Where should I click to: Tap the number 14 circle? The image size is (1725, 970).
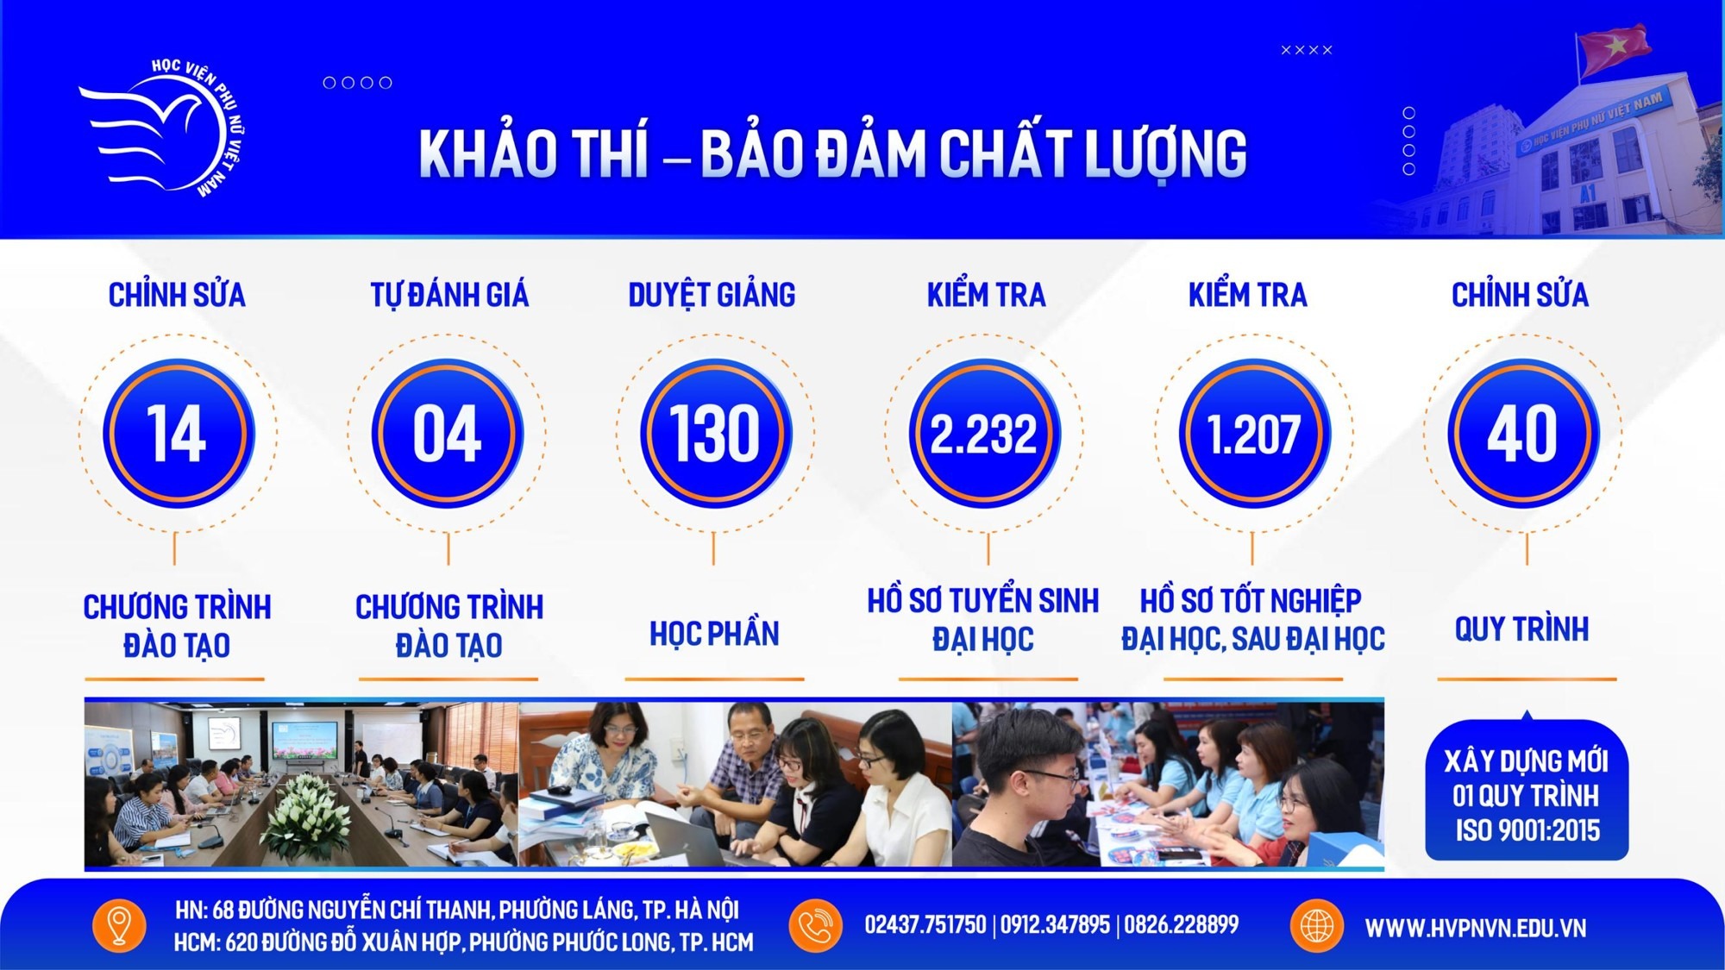pyautogui.click(x=179, y=433)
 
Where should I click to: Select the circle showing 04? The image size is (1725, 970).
pyautogui.click(x=448, y=433)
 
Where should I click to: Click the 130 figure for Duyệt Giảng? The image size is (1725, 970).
pyautogui.click(x=715, y=433)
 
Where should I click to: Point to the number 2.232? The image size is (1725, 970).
pyautogui.click(x=984, y=433)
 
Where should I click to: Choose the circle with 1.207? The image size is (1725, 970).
pyautogui.click(x=1254, y=433)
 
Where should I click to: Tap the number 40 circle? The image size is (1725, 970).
pyautogui.click(x=1523, y=433)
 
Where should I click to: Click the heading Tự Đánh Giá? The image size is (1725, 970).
pyautogui.click(x=449, y=295)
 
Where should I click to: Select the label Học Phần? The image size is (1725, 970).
pyautogui.click(x=714, y=634)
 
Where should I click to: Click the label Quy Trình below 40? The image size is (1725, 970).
pyautogui.click(x=1521, y=629)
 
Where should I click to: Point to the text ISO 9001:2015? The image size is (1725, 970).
pyautogui.click(x=1527, y=830)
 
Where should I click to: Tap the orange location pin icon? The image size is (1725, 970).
pyautogui.click(x=119, y=925)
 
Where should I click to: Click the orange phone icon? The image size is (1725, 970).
pyautogui.click(x=815, y=925)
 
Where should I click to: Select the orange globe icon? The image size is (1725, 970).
pyautogui.click(x=1317, y=925)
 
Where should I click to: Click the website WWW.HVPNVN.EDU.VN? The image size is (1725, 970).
pyautogui.click(x=1475, y=928)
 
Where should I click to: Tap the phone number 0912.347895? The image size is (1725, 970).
pyautogui.click(x=1055, y=925)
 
